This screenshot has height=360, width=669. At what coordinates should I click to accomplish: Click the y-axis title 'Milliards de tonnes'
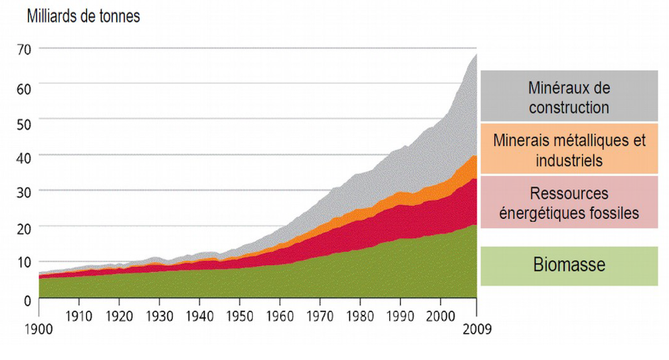83,17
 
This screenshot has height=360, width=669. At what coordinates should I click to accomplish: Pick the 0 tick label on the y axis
27,300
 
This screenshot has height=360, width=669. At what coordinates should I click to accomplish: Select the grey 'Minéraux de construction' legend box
569,96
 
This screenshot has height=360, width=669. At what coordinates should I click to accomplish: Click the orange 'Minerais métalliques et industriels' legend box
569,149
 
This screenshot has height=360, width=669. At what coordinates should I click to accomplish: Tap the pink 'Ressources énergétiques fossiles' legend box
569,203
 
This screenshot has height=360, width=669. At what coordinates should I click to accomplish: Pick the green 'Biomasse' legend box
569,265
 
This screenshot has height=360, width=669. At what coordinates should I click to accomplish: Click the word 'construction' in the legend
569,107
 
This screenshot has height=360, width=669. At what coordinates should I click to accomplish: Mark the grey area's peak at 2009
476,54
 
